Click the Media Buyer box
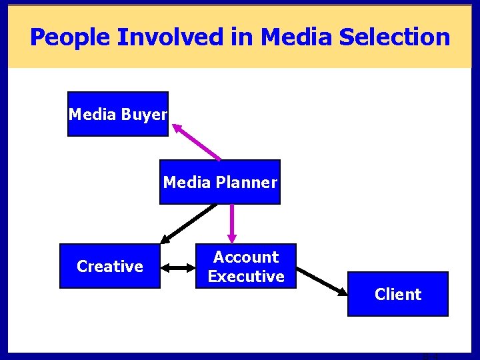[118, 114]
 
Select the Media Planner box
[220, 182]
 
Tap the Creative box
[110, 266]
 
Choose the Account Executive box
[246, 266]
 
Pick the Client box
[398, 294]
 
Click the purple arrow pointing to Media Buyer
[196, 141]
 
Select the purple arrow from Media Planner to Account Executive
[232, 223]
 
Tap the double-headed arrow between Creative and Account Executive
[177, 267]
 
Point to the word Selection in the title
[395, 37]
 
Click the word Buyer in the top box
[144, 114]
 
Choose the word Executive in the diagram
[246, 276]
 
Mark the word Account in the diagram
[246, 257]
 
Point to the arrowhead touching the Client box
[343, 292]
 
